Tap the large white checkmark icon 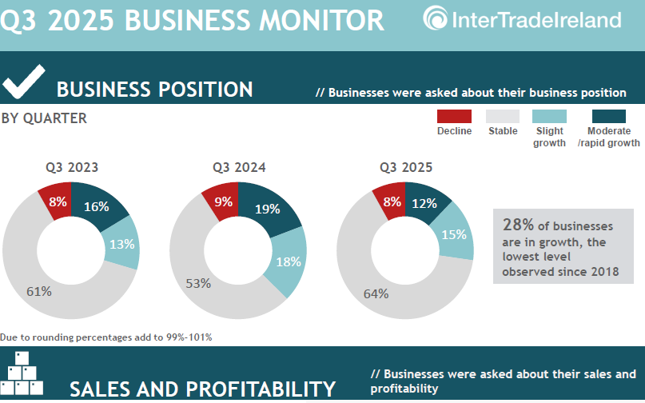[x=23, y=83]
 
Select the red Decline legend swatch [x=454, y=117]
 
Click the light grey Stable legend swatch [x=503, y=117]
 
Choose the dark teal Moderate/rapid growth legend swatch [x=608, y=117]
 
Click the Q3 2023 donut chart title [x=72, y=168]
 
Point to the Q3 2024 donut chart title [x=239, y=168]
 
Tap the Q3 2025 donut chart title [x=406, y=168]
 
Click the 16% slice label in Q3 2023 [x=97, y=206]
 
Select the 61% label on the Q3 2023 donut [x=39, y=291]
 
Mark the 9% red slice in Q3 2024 [x=223, y=202]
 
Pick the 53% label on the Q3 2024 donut [x=198, y=283]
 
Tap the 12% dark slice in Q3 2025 [x=424, y=203]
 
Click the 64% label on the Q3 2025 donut [x=376, y=293]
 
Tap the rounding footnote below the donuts [x=106, y=337]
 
